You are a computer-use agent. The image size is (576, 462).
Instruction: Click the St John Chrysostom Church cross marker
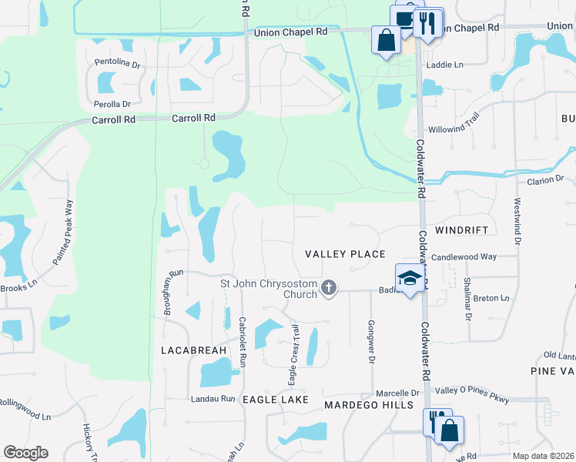point(329,287)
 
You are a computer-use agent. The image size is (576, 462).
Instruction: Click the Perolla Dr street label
point(112,104)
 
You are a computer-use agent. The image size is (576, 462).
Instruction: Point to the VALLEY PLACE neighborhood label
point(345,254)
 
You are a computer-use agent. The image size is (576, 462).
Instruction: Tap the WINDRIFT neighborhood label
point(462,230)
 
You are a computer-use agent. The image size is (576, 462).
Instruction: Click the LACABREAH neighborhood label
point(193,350)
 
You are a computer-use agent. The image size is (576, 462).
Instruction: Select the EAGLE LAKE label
point(275,400)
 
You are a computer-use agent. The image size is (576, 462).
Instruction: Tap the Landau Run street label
point(213,398)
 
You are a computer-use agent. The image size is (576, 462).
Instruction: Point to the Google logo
point(25,453)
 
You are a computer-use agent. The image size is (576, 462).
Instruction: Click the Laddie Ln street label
point(447,65)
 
